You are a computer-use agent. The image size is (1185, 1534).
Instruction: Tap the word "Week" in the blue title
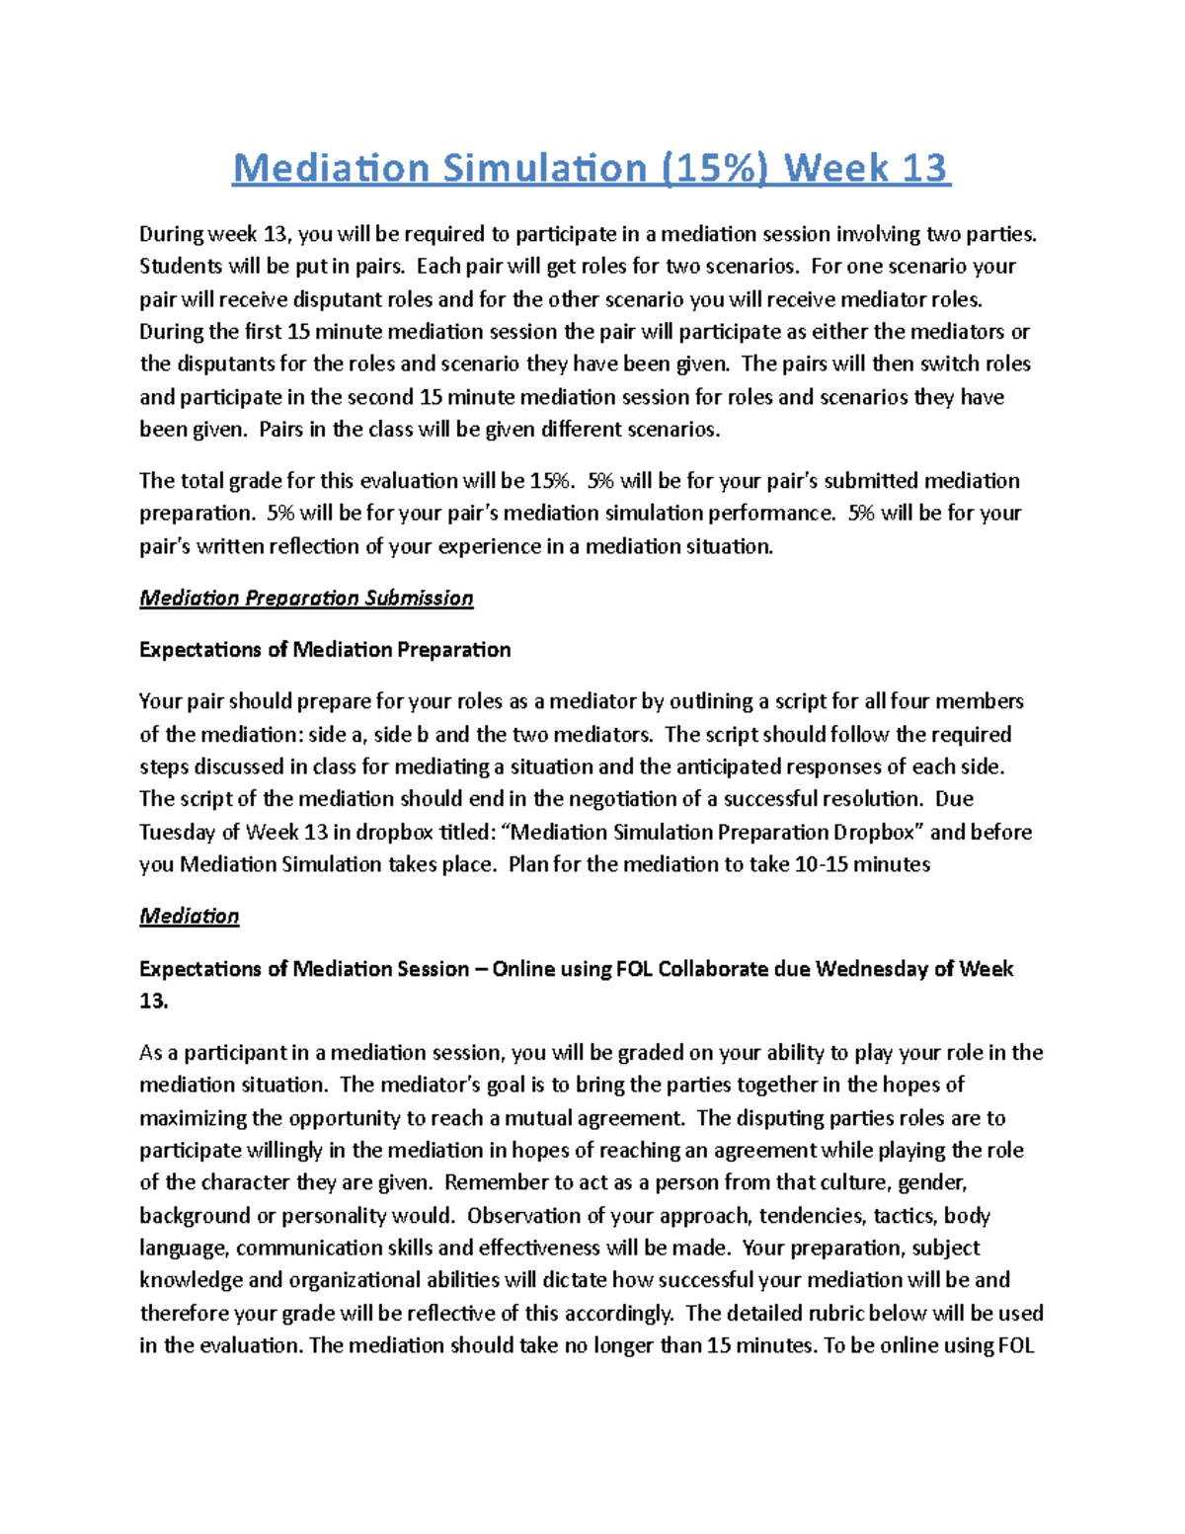click(x=836, y=168)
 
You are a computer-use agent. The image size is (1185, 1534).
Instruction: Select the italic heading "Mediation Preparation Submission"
click(x=306, y=598)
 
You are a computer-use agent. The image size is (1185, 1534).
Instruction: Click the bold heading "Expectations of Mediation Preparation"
click(x=325, y=650)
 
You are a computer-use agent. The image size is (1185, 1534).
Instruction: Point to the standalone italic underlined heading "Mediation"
click(x=189, y=916)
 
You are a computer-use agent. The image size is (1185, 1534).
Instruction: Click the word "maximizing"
click(x=195, y=1118)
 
